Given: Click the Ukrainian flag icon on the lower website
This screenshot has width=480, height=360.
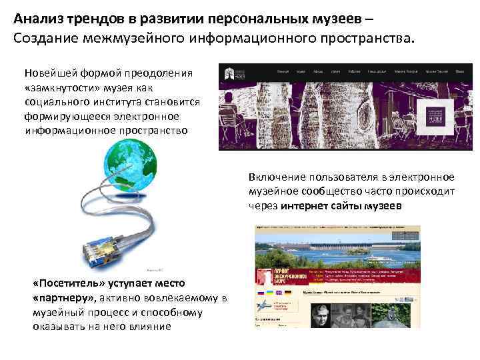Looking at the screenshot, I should pyautogui.click(x=269, y=293).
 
